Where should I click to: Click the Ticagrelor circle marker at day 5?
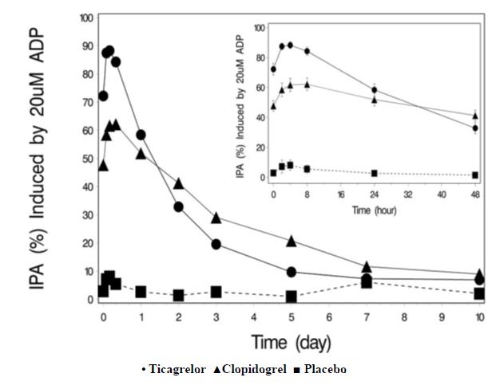[292, 273]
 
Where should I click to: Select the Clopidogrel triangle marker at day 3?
[216, 218]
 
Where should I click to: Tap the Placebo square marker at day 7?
[367, 282]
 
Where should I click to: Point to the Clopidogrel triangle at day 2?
[178, 183]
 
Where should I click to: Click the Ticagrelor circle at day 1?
[141, 135]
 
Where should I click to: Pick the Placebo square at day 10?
[479, 293]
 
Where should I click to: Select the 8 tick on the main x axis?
[404, 316]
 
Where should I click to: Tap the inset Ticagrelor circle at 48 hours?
[475, 128]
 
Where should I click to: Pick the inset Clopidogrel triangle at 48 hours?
[475, 116]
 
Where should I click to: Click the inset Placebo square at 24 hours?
[374, 173]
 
